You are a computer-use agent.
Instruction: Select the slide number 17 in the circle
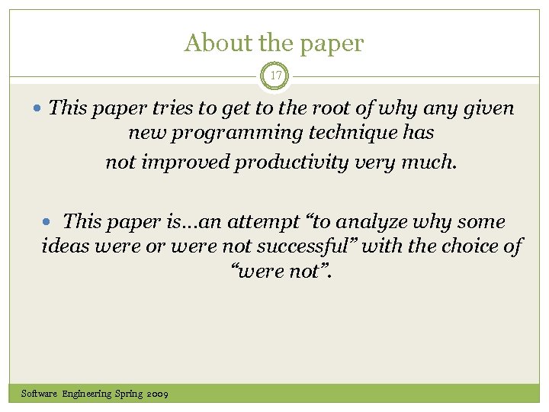(x=274, y=76)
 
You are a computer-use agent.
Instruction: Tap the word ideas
(x=64, y=246)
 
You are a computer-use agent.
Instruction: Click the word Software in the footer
(x=39, y=394)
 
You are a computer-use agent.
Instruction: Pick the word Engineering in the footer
(x=87, y=394)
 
